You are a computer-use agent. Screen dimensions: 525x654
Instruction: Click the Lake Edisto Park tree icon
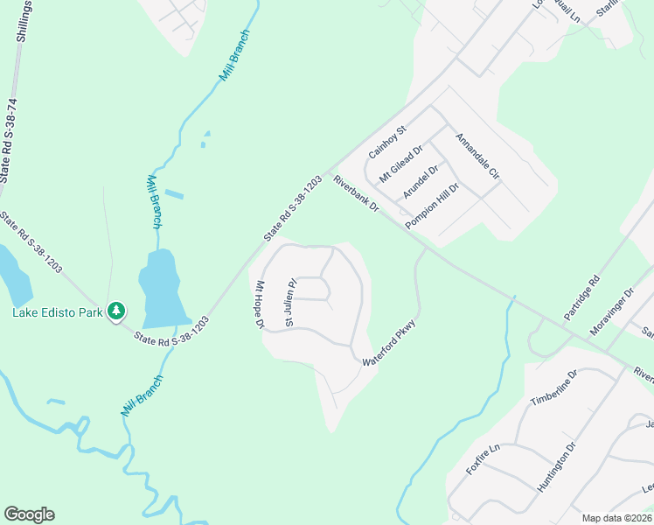[115, 311]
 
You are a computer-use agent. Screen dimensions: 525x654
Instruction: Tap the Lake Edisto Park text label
[56, 311]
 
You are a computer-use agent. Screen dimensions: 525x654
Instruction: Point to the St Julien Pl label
[292, 302]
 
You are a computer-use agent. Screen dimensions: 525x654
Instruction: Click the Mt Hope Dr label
[259, 304]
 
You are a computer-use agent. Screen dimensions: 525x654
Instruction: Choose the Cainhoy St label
[387, 142]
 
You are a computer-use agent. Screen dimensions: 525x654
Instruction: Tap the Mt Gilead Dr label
[400, 164]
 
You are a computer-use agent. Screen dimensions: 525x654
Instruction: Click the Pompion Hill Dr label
[432, 206]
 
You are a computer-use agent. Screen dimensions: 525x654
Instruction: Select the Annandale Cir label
[477, 157]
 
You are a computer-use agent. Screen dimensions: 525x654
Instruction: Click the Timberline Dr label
[554, 389]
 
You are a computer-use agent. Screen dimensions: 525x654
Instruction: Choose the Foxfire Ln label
[482, 459]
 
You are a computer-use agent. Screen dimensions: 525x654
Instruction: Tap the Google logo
[29, 514]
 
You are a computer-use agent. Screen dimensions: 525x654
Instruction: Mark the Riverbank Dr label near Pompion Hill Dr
[356, 194]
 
